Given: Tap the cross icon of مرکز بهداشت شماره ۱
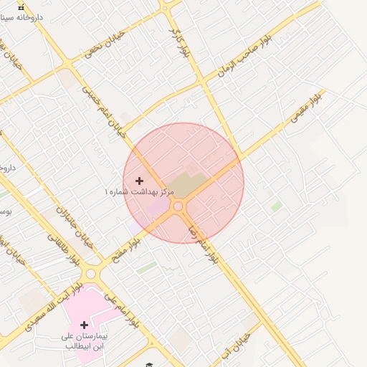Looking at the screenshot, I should (x=139, y=181).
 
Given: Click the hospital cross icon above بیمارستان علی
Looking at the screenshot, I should (x=84, y=325).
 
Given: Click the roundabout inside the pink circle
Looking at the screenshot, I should (x=178, y=207).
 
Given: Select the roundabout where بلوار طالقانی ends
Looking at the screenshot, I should (x=91, y=274).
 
